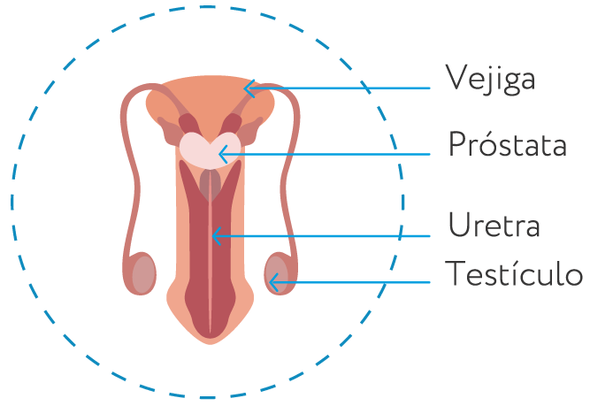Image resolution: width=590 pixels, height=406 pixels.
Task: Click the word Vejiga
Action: [x=490, y=79]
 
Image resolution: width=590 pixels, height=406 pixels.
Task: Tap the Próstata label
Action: [x=507, y=144]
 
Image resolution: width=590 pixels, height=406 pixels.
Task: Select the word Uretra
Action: [x=494, y=225]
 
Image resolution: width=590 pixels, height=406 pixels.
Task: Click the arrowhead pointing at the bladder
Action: [x=249, y=88]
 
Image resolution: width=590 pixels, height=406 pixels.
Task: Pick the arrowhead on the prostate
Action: [x=224, y=154]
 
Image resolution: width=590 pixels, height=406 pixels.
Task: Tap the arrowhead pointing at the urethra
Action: [x=217, y=236]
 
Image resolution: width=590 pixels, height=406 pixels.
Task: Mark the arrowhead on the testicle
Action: [x=274, y=282]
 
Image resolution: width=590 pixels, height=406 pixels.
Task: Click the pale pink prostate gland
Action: [x=210, y=150]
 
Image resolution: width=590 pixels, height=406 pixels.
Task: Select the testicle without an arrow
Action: [x=143, y=274]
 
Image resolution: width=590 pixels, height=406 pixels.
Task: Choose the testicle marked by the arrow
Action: [x=277, y=274]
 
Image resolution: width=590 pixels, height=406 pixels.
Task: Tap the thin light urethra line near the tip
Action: [x=211, y=316]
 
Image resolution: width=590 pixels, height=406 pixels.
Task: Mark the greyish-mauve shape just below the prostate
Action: [x=211, y=184]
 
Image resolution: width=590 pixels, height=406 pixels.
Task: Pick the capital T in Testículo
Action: [x=454, y=272]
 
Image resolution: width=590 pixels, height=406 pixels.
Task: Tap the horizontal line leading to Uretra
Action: [x=321, y=236]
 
